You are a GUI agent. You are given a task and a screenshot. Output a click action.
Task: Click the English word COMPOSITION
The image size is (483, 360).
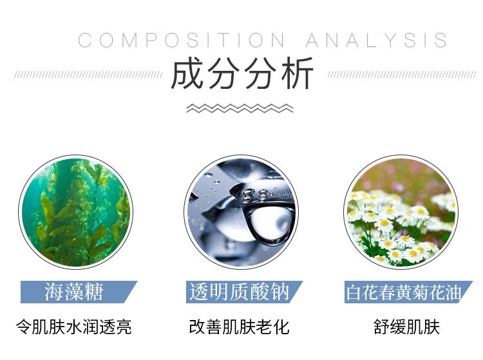point(181,41)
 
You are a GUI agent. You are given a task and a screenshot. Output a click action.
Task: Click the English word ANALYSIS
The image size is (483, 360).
point(377,41)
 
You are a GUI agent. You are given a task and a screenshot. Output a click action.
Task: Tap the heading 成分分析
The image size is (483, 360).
point(242,73)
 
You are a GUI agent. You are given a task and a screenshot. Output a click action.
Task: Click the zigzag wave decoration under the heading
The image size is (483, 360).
point(240,108)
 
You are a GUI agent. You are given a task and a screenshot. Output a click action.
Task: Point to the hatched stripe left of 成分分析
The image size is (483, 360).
point(88,75)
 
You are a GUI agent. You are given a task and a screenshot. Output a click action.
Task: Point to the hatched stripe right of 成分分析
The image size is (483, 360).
point(402,75)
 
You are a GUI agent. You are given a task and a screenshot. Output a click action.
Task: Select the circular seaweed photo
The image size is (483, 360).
point(76,212)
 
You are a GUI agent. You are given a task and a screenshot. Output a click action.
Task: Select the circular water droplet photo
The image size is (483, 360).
point(241,212)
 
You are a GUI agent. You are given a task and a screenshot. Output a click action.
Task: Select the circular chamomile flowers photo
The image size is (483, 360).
point(401,212)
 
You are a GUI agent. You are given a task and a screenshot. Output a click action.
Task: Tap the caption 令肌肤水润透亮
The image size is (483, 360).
point(74,327)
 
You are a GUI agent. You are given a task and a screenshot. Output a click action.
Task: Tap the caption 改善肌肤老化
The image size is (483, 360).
point(240,327)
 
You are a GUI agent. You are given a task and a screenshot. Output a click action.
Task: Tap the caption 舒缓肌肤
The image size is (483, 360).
point(406,327)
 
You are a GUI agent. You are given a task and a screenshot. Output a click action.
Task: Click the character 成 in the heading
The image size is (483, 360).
point(187,73)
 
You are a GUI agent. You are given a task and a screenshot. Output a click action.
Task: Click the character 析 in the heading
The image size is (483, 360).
point(298,73)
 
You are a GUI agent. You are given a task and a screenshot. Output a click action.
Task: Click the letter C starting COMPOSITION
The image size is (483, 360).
point(85,41)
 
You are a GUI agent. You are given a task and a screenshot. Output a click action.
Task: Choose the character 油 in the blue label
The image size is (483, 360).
point(453,292)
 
